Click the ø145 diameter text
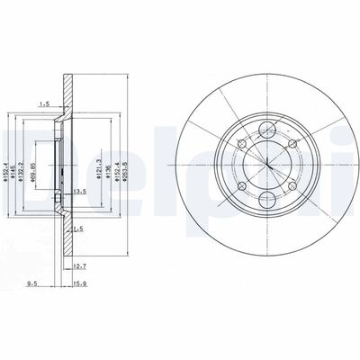click(x=13, y=163)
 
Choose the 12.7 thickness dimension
click(x=79, y=265)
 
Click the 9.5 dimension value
click(x=31, y=286)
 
